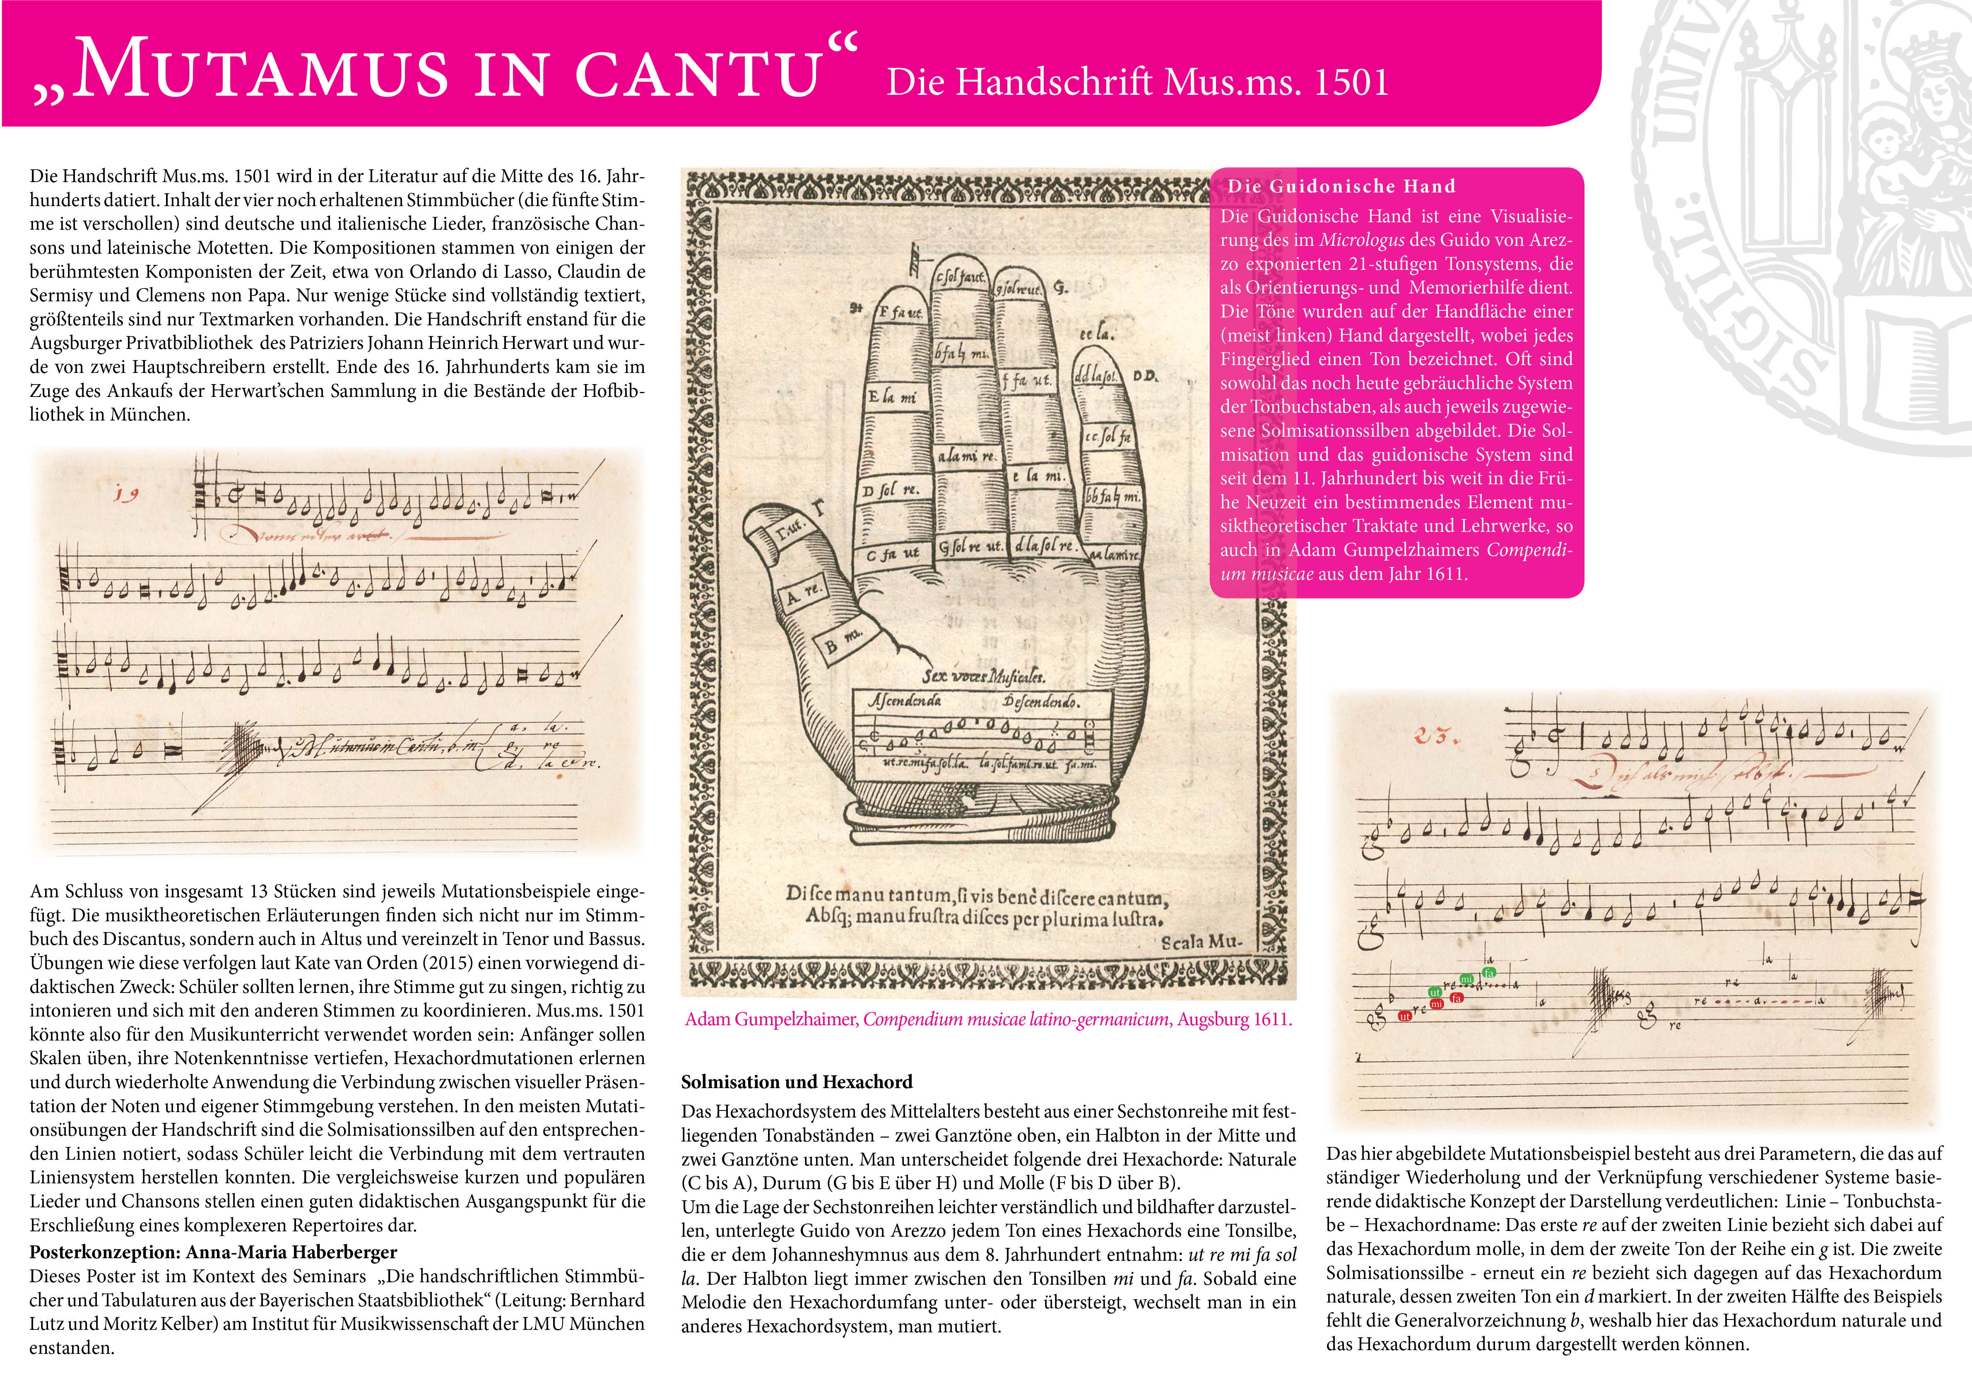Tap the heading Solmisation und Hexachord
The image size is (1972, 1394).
click(x=796, y=1082)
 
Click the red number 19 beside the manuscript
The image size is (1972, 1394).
click(x=126, y=493)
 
